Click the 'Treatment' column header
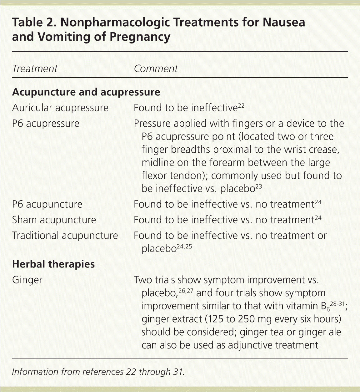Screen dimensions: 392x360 pyautogui.click(x=35, y=69)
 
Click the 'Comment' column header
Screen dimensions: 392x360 pyautogui.click(x=156, y=69)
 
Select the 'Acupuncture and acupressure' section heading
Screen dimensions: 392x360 pyautogui.click(x=86, y=92)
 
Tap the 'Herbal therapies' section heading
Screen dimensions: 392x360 pyautogui.click(x=53, y=264)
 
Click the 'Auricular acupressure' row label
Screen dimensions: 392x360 pyautogui.click(x=60, y=108)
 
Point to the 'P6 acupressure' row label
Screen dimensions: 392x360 pyautogui.click(x=46, y=124)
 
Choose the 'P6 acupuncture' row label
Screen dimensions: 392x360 pyautogui.click(x=47, y=204)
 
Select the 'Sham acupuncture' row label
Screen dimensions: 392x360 pyautogui.click(x=54, y=220)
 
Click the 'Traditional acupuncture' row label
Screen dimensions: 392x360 pyautogui.click(x=65, y=236)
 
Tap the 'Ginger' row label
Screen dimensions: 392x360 pyautogui.click(x=27, y=280)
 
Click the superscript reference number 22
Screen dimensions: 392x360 pyautogui.click(x=241, y=105)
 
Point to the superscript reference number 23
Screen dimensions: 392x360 pyautogui.click(x=258, y=186)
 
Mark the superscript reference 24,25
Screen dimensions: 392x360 pyautogui.click(x=184, y=246)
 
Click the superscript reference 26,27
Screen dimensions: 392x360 pyautogui.click(x=186, y=291)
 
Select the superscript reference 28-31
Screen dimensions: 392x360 pyautogui.click(x=337, y=303)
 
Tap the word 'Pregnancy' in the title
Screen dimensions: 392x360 pyautogui.click(x=140, y=37)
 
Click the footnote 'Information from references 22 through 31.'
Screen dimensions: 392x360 pyautogui.click(x=98, y=372)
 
